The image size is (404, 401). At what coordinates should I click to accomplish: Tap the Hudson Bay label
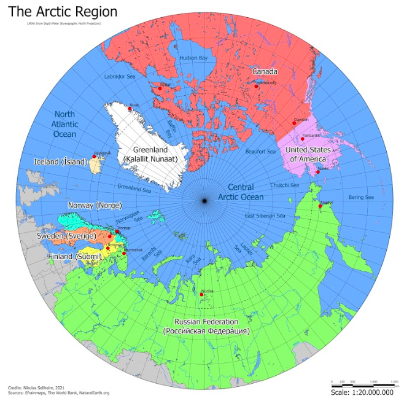tap(193, 58)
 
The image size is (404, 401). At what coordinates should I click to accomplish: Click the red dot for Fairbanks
tap(303, 139)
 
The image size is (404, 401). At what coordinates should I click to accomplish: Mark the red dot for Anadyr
tap(320, 206)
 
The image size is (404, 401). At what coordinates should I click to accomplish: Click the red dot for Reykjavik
tap(94, 157)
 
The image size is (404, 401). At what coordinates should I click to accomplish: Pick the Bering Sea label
tap(360, 197)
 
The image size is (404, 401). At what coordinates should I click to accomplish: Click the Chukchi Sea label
tap(286, 184)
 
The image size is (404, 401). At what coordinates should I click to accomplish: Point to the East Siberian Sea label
tap(265, 216)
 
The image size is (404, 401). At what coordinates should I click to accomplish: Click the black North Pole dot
tap(204, 201)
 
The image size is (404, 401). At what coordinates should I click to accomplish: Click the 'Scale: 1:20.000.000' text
tap(365, 392)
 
